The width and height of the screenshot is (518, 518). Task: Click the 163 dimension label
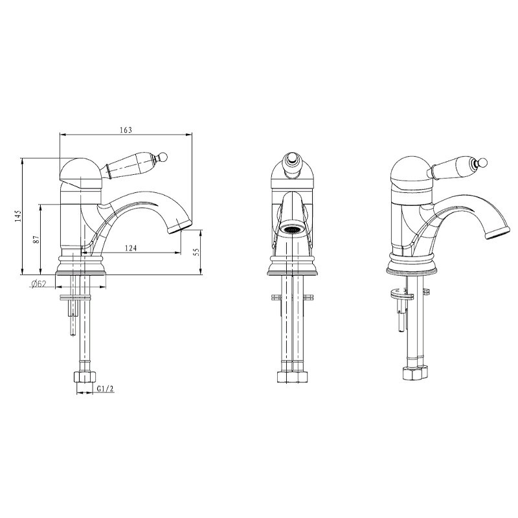tap(126, 130)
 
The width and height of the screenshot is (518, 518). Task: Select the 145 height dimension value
tap(18, 216)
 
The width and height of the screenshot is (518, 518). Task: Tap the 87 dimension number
tap(36, 239)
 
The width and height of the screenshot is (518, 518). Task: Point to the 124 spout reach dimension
tap(131, 248)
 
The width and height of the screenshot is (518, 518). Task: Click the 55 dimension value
tap(196, 253)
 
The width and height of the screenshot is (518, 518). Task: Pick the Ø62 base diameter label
tap(38, 284)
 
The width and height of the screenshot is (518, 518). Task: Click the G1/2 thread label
tap(106, 389)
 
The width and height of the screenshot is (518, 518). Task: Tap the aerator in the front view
tap(291, 229)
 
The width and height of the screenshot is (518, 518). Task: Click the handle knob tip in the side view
tap(164, 156)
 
